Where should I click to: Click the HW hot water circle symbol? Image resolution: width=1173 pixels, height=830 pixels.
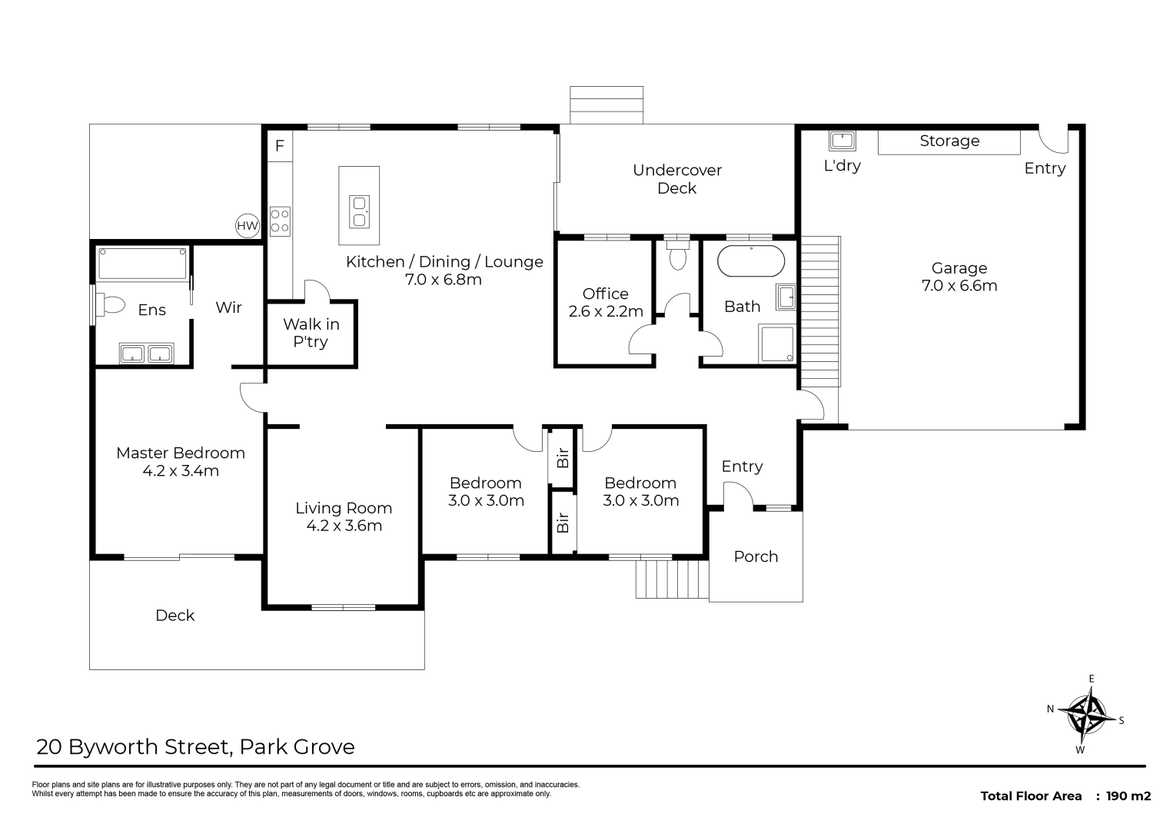pyautogui.click(x=248, y=226)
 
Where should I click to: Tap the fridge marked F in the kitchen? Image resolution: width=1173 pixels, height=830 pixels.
pyautogui.click(x=280, y=145)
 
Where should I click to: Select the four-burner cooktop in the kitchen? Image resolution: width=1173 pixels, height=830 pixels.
pyautogui.click(x=280, y=221)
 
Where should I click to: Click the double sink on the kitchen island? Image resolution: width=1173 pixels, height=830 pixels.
pyautogui.click(x=359, y=211)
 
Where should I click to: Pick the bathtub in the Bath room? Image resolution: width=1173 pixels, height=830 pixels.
pyautogui.click(x=751, y=261)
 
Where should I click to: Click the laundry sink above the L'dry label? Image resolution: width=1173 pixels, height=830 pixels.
pyautogui.click(x=842, y=141)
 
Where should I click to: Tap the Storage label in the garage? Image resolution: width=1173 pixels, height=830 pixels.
pyautogui.click(x=949, y=141)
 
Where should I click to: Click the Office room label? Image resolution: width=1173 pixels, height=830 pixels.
pyautogui.click(x=606, y=294)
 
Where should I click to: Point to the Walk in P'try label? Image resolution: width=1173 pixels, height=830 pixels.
pyautogui.click(x=311, y=333)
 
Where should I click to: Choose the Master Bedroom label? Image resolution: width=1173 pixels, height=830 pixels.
pyautogui.click(x=181, y=453)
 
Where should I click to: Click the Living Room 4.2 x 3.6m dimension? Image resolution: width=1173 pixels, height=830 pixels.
pyautogui.click(x=344, y=525)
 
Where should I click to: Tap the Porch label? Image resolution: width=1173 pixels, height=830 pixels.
pyautogui.click(x=756, y=556)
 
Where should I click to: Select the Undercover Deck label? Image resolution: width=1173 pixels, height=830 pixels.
pyautogui.click(x=677, y=179)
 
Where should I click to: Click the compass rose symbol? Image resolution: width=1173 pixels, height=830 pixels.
pyautogui.click(x=1087, y=714)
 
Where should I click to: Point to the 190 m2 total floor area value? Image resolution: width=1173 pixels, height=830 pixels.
pyautogui.click(x=1128, y=796)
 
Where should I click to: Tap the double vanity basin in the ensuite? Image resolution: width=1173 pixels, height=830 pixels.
pyautogui.click(x=146, y=354)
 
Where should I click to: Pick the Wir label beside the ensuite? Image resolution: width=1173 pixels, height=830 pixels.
pyautogui.click(x=229, y=307)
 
